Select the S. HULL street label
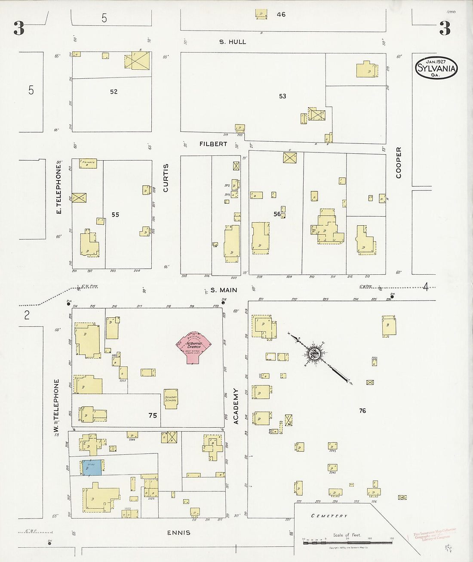233,42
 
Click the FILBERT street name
213,144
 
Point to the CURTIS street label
166,178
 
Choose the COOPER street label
399,163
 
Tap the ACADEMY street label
236,407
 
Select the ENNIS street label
179,533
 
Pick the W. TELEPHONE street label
56,406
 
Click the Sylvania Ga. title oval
436,68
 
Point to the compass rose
313,354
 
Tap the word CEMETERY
329,515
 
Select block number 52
114,92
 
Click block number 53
283,96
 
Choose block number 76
362,411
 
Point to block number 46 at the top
281,15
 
